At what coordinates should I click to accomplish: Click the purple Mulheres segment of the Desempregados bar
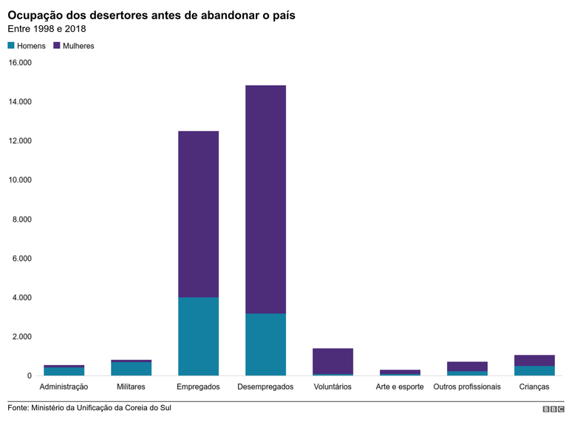click(x=265, y=200)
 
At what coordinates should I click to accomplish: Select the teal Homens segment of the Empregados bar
click(x=198, y=336)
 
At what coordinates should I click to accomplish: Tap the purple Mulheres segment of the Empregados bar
click(x=198, y=214)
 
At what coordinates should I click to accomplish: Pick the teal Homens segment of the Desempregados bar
click(x=265, y=344)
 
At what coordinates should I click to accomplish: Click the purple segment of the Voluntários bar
click(x=333, y=361)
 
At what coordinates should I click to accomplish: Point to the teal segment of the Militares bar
click(x=131, y=369)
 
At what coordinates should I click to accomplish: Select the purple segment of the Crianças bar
click(x=534, y=361)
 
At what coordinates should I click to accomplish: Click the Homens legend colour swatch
click(x=11, y=46)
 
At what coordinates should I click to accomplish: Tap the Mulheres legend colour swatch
click(x=55, y=46)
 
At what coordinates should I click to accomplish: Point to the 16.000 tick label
click(x=20, y=63)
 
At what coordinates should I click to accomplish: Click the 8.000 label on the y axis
click(x=20, y=219)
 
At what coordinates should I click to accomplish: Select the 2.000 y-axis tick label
click(x=20, y=337)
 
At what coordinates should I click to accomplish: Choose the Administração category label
click(x=64, y=387)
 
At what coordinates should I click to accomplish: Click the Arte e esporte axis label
click(x=400, y=387)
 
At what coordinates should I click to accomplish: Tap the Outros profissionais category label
click(x=467, y=387)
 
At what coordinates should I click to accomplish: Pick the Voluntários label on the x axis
click(x=333, y=387)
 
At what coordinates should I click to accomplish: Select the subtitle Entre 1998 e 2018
click(x=47, y=29)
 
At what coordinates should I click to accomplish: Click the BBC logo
click(x=553, y=409)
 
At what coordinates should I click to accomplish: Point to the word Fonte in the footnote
click(x=18, y=408)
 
